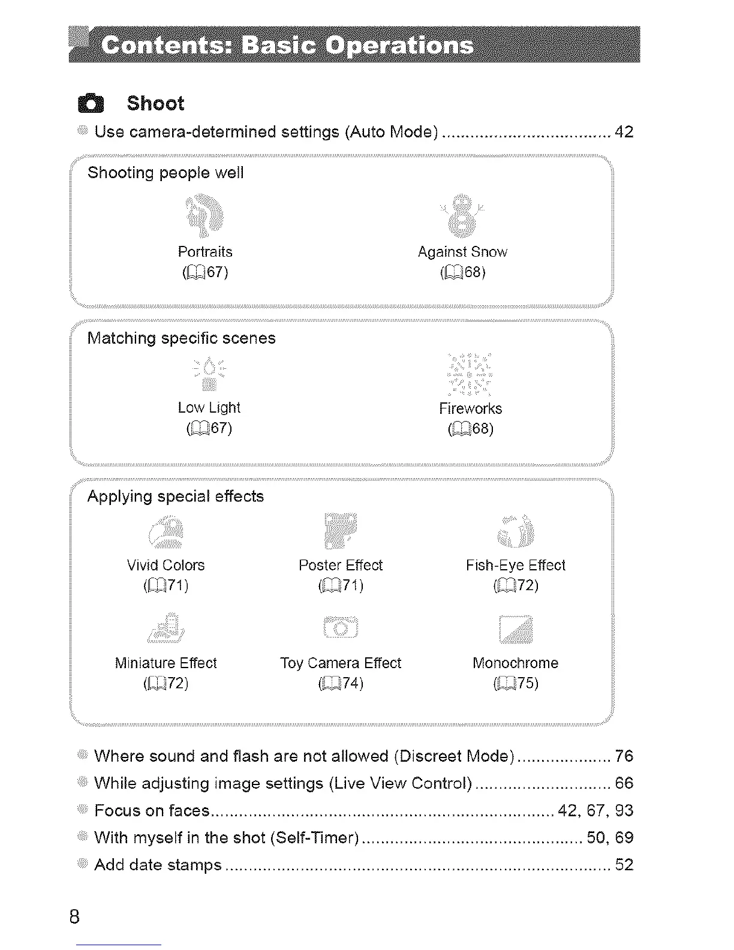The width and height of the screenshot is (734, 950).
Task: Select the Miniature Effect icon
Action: point(166,629)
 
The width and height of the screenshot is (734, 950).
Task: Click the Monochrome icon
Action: point(516,629)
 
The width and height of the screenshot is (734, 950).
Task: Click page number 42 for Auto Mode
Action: point(624,132)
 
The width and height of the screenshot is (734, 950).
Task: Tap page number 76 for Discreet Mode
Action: point(624,756)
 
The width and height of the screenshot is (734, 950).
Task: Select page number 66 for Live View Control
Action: point(624,783)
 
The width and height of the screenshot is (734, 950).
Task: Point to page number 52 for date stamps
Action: point(624,865)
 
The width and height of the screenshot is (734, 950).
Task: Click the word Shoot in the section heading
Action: point(155,103)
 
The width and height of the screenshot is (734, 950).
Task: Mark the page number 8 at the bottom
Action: point(74,917)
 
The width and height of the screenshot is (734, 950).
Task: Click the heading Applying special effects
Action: point(175,497)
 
